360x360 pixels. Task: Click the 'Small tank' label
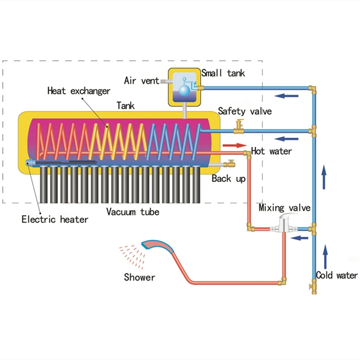pyautogui.click(x=223, y=73)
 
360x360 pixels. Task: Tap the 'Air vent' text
pyautogui.click(x=141, y=81)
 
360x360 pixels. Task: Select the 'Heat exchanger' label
pyautogui.click(x=79, y=91)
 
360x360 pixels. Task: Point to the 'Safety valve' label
pyautogui.click(x=245, y=111)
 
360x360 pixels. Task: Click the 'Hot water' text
pyautogui.click(x=271, y=151)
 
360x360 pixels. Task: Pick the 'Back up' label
pyautogui.click(x=229, y=179)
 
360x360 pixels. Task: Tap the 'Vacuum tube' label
pyautogui.click(x=133, y=211)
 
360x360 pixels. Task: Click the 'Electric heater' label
pyautogui.click(x=55, y=220)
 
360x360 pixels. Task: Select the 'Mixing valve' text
pyautogui.click(x=284, y=208)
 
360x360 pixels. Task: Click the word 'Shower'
pyautogui.click(x=139, y=277)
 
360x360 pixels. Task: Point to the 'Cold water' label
pyautogui.click(x=337, y=275)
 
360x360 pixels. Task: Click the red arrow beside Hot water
pyautogui.click(x=234, y=146)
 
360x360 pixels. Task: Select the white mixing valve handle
pyautogui.click(x=285, y=218)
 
